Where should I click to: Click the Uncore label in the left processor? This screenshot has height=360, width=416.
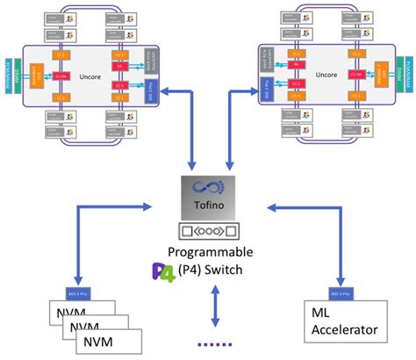[x=84, y=75]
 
